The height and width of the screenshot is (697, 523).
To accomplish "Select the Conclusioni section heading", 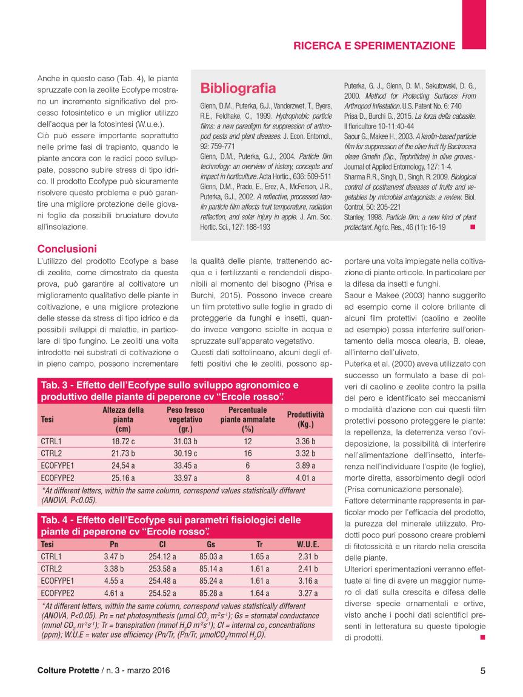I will point(67,248).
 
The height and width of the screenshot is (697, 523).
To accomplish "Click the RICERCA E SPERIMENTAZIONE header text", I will point(374,45).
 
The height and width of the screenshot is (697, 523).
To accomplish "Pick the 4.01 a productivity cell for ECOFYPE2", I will point(305,478).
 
